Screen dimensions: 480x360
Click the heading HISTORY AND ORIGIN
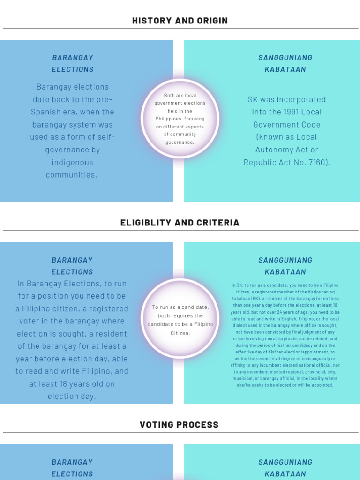tap(180, 21)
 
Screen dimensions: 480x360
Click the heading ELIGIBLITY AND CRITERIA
tap(180, 223)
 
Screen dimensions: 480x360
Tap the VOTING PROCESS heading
tap(179, 425)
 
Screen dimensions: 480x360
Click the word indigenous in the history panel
tap(73, 163)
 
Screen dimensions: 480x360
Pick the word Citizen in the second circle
tap(180, 333)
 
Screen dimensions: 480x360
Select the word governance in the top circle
tap(180, 142)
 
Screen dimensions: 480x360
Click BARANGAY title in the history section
tap(73, 58)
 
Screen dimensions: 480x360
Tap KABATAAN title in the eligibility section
tap(285, 272)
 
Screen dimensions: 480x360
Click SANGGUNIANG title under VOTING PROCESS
tap(285, 462)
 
